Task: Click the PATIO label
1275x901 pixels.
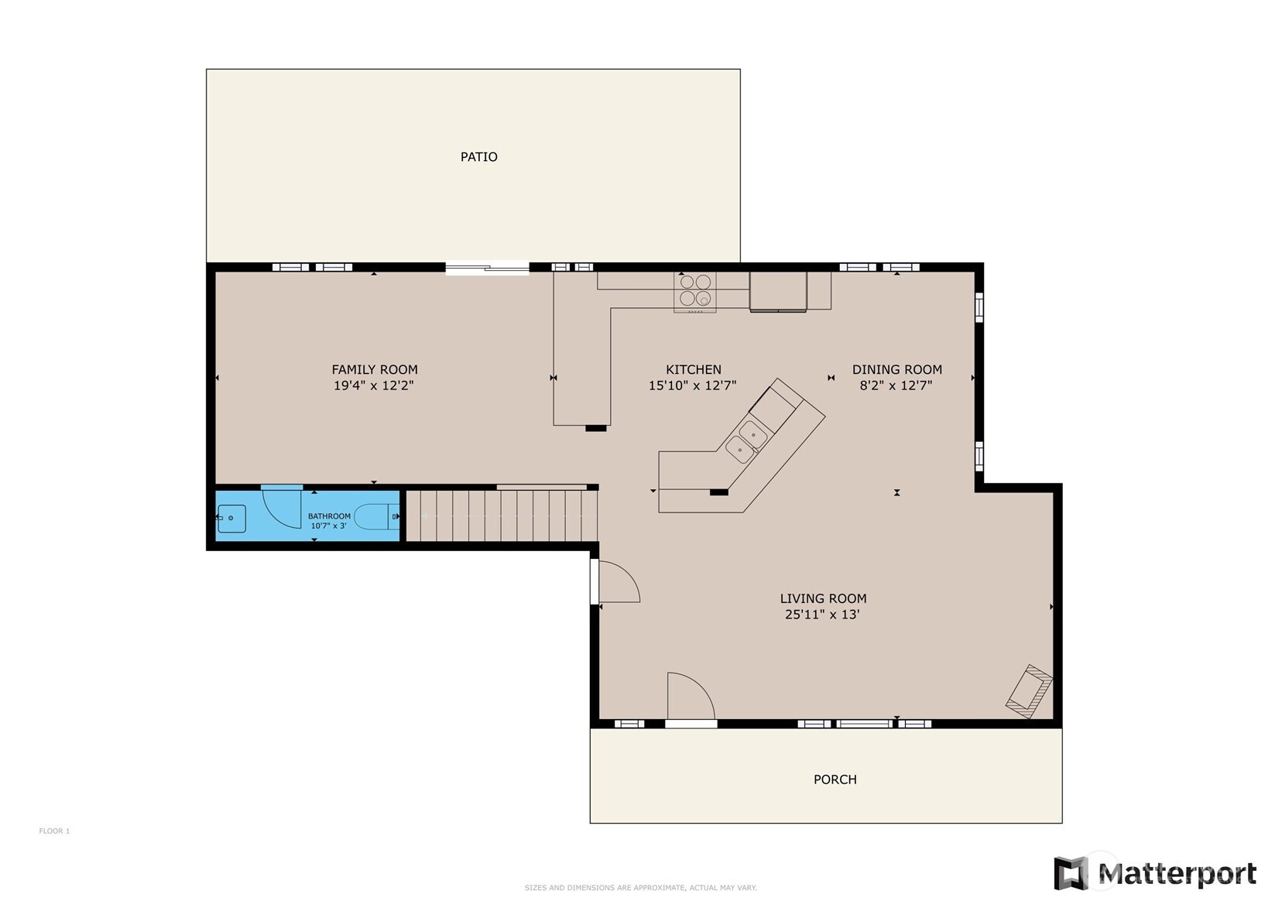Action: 478,157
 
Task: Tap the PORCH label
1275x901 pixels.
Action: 835,779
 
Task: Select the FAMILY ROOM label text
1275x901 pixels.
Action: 375,369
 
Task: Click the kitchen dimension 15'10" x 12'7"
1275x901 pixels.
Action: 693,386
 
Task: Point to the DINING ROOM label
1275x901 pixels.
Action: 897,369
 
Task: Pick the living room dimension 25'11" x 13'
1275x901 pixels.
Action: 822,615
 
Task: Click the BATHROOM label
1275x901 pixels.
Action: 329,516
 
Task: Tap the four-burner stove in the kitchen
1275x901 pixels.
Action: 695,292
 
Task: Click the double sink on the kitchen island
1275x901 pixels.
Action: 746,442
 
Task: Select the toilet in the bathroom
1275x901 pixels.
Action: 376,517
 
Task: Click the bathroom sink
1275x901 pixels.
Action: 231,518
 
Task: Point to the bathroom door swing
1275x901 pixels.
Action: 281,508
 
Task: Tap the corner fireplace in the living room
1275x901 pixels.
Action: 1029,691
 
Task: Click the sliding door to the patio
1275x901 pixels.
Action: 487,268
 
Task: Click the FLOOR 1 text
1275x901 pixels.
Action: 54,831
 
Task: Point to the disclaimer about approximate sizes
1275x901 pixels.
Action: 641,887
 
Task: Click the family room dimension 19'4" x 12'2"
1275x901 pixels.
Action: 373,386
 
